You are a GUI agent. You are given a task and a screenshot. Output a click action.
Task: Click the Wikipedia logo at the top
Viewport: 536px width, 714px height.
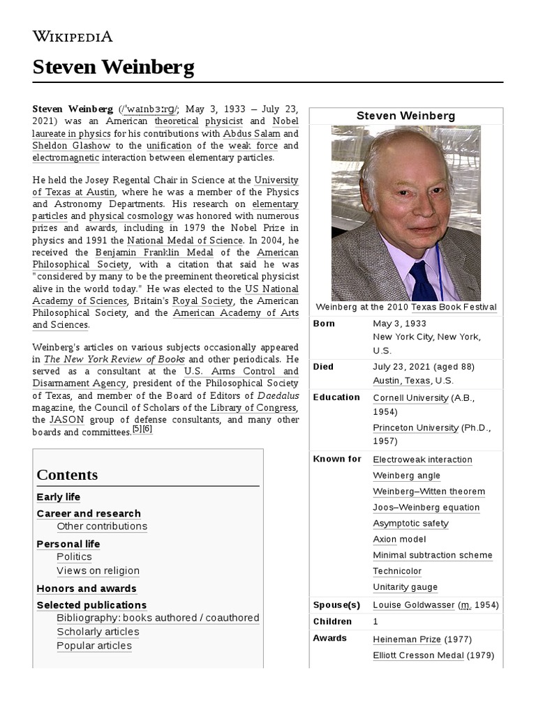coord(73,36)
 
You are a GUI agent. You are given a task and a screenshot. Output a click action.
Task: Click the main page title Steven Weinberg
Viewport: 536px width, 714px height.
coord(113,68)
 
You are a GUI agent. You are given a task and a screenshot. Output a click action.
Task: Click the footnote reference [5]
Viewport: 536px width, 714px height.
coord(137,430)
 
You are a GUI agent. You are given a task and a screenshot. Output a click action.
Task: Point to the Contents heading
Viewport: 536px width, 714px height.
coord(67,475)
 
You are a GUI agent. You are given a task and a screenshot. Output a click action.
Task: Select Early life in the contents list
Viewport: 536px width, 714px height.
coord(58,497)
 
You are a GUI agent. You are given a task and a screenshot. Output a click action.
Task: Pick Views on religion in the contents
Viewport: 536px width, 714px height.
coord(98,570)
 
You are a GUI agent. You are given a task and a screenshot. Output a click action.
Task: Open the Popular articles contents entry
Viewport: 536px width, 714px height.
coord(94,646)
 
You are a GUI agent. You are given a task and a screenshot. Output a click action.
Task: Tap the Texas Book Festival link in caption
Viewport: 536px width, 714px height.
coord(454,307)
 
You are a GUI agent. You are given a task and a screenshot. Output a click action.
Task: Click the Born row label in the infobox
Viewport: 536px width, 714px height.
coord(324,324)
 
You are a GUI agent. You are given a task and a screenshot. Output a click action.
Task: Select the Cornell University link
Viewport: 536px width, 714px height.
coord(410,397)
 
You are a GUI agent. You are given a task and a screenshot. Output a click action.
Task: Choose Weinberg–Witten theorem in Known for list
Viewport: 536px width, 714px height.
coord(429,492)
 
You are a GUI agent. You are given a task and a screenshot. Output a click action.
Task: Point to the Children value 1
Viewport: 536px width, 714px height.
coord(375,621)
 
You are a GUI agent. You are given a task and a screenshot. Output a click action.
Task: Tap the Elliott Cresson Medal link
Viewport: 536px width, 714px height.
coord(418,655)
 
